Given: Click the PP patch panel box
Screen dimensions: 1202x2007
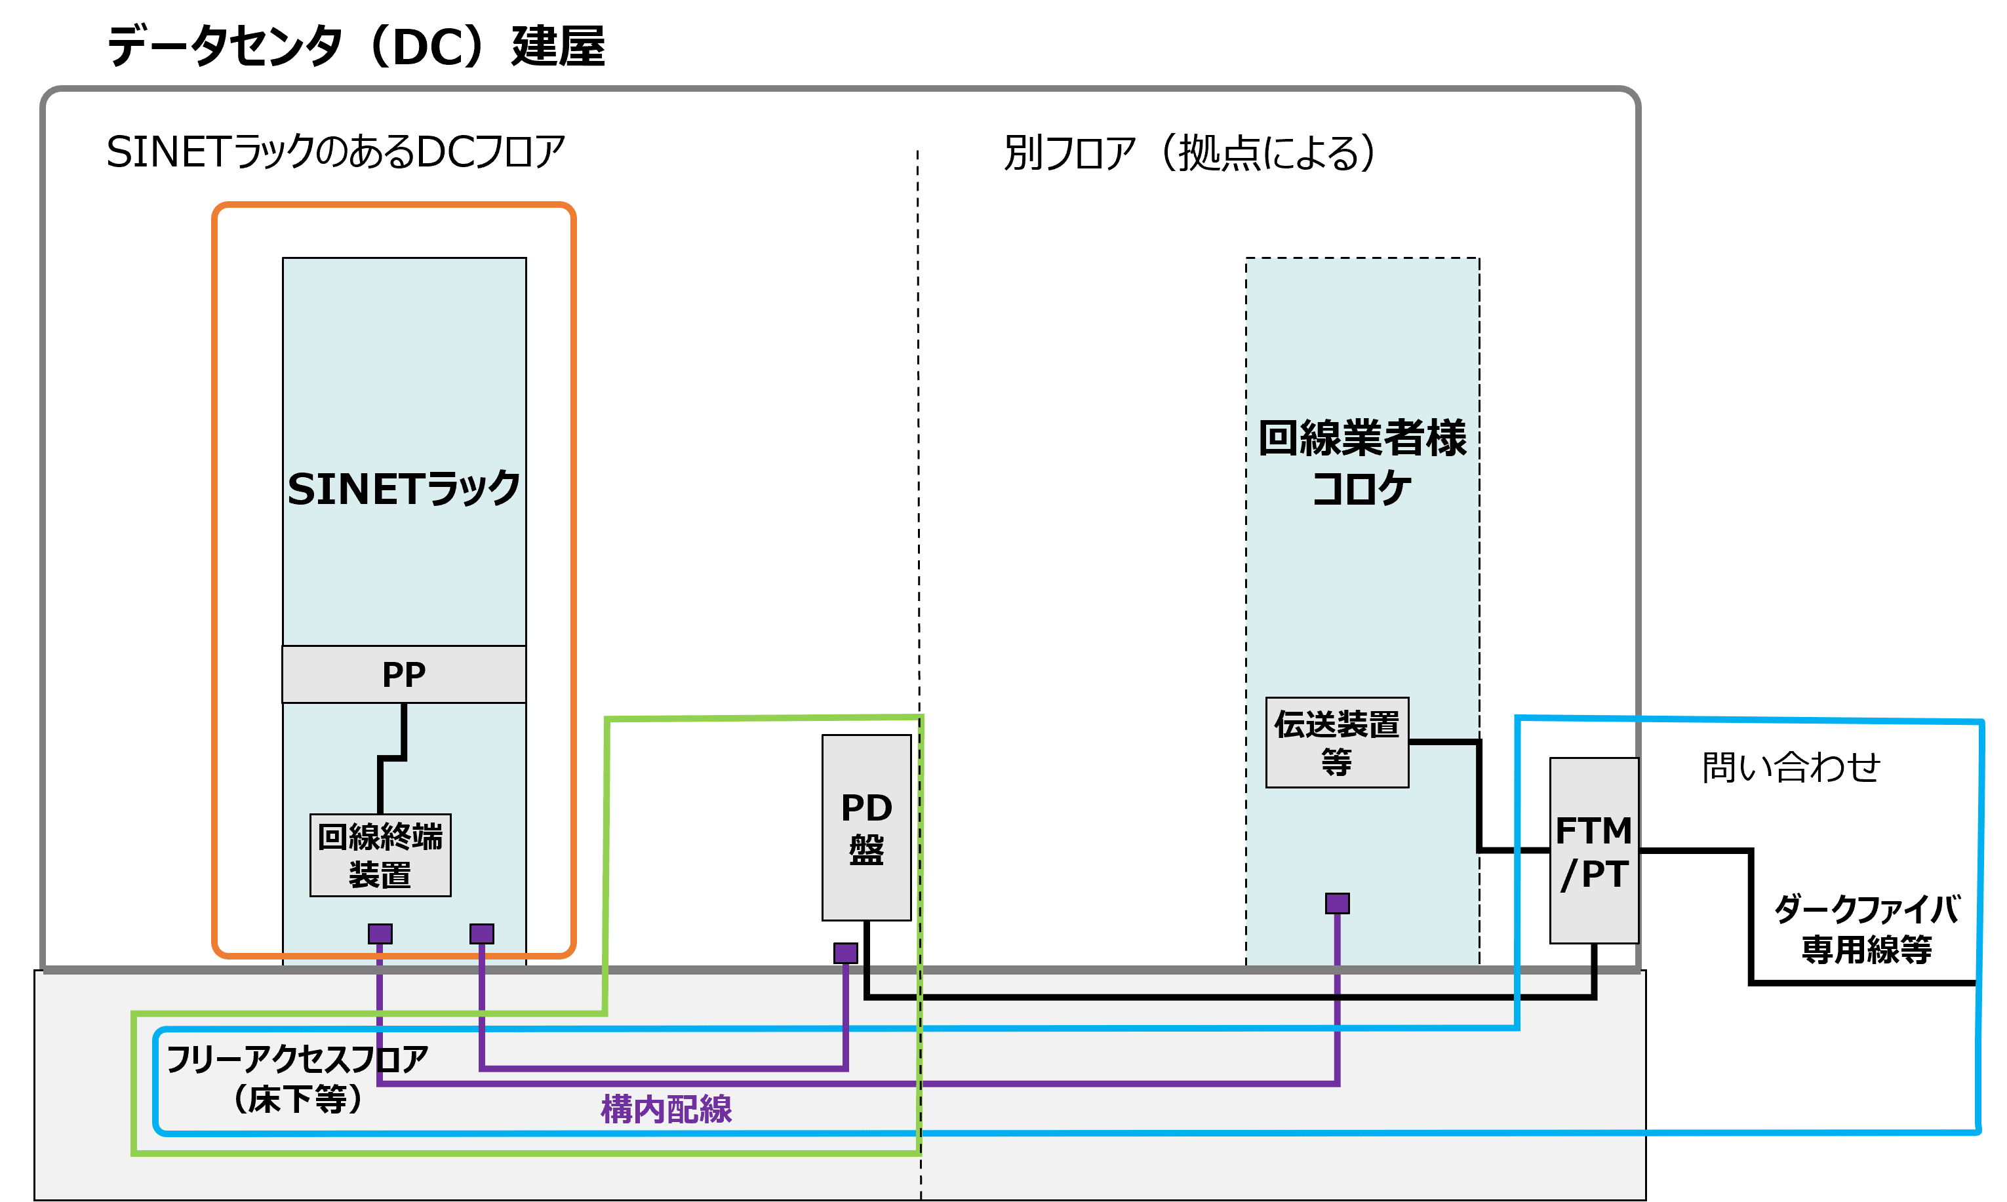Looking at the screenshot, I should pyautogui.click(x=403, y=674).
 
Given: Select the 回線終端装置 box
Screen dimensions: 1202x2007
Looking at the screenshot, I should pyautogui.click(x=380, y=855).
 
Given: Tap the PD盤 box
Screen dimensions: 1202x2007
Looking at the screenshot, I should pyautogui.click(x=866, y=827).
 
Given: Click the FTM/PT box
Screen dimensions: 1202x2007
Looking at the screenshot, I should pyautogui.click(x=1594, y=851).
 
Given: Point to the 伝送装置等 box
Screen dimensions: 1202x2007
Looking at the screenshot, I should pyautogui.click(x=1337, y=742).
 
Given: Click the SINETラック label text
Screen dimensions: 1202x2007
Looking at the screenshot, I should pyautogui.click(x=403, y=488).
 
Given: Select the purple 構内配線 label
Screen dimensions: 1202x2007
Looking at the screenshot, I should pyautogui.click(x=666, y=1109).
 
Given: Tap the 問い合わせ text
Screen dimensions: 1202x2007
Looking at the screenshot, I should pyautogui.click(x=1791, y=766).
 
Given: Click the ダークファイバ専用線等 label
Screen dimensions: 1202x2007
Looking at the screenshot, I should pyautogui.click(x=1867, y=929).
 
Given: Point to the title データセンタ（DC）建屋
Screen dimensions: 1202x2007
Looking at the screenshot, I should pyautogui.click(x=357, y=46).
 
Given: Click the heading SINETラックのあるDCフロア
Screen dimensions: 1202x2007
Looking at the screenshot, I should pyautogui.click(x=336, y=151).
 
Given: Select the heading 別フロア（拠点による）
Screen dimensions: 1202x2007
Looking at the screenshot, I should pyautogui.click(x=1189, y=152).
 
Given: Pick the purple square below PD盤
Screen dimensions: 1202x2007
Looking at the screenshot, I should pyautogui.click(x=845, y=952).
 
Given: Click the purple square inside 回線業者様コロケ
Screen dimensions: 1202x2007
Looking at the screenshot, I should pyautogui.click(x=1337, y=903).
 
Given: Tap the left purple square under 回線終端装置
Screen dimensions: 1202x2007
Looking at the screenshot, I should pyautogui.click(x=380, y=934).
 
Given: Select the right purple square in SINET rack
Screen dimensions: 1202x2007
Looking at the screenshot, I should pyautogui.click(x=481, y=934).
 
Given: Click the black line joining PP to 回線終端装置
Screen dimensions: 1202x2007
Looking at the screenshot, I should pyautogui.click(x=392, y=758).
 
